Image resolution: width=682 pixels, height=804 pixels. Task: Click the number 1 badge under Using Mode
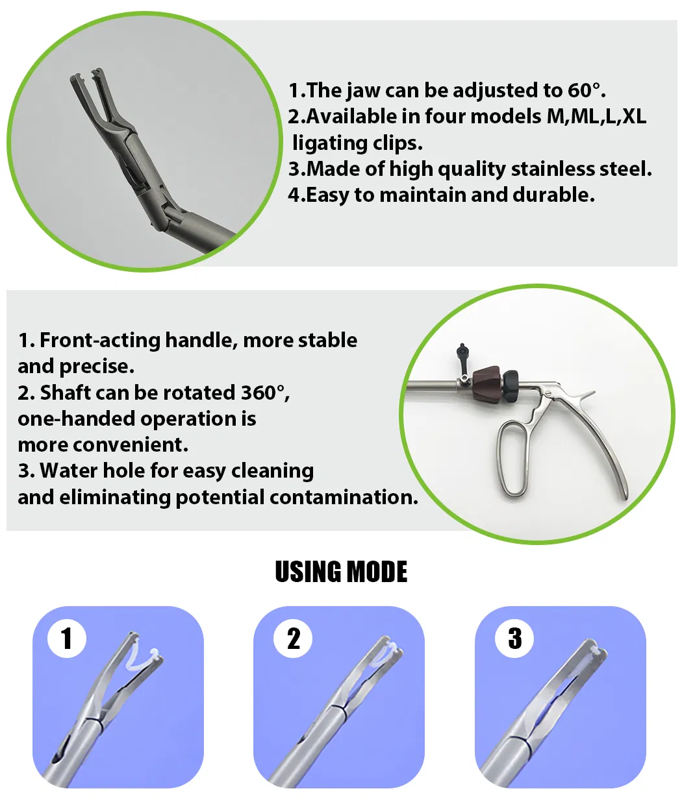click(66, 639)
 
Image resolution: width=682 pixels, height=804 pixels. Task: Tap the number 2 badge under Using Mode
click(293, 639)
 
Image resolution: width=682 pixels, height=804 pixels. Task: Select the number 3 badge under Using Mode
click(514, 639)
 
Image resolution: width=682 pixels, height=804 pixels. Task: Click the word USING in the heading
click(307, 572)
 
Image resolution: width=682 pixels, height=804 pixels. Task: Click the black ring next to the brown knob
click(510, 385)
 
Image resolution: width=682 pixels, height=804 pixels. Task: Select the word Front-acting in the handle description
click(100, 340)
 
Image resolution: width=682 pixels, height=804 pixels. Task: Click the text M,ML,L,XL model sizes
click(596, 116)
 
